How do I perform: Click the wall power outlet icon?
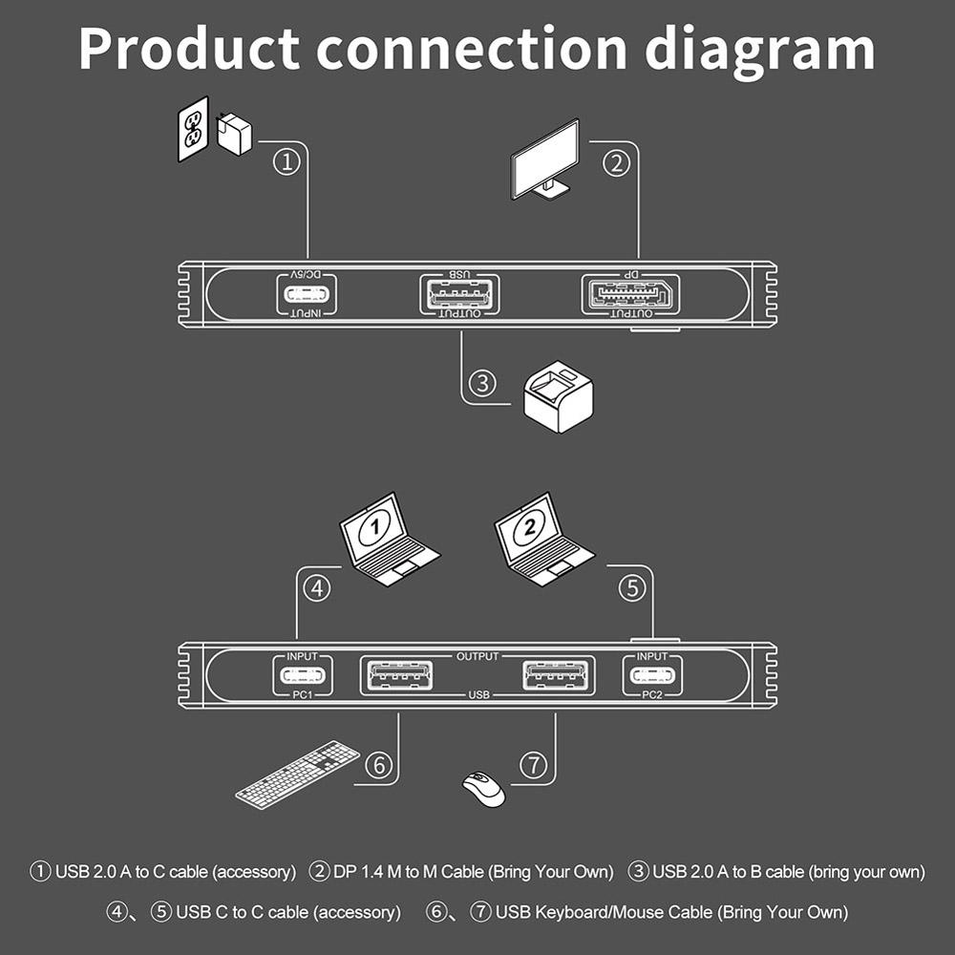point(193,129)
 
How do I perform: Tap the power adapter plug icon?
point(234,134)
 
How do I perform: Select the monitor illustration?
point(545,159)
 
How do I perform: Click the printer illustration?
point(558,396)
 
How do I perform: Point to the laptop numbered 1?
point(389,540)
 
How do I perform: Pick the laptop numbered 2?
point(543,540)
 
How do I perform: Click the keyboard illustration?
point(298,775)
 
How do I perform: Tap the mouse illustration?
point(483,789)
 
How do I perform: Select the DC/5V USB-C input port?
point(308,295)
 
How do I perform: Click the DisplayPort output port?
point(630,295)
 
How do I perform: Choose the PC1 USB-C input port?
point(303,675)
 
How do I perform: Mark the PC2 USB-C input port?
point(652,675)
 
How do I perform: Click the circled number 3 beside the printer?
point(482,383)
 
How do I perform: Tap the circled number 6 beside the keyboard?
point(379,764)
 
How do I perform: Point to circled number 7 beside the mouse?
point(534,764)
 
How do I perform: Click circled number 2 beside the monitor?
point(616,163)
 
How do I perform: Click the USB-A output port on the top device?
point(460,295)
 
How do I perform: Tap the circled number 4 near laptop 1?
point(317,588)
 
